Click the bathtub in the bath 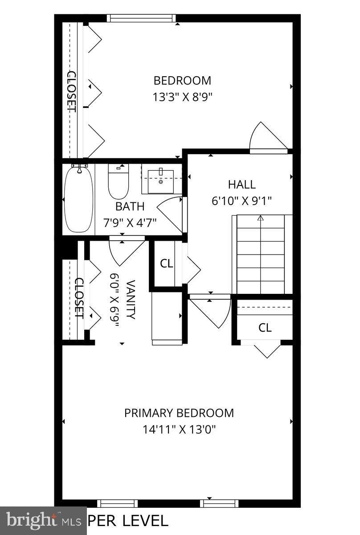coord(78,198)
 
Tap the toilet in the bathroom coord(118,183)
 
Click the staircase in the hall coord(261,254)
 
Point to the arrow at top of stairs coord(261,218)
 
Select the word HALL coord(242,184)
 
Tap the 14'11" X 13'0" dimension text coord(179,430)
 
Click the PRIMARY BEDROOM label coord(179,413)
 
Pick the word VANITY coord(131,300)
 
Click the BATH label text coord(130,206)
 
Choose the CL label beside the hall coord(167,263)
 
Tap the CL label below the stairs coord(265,328)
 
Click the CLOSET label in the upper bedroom coord(71,91)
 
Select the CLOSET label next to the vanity coord(79,297)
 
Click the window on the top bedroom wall coord(142,18)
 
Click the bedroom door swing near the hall coord(267,138)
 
